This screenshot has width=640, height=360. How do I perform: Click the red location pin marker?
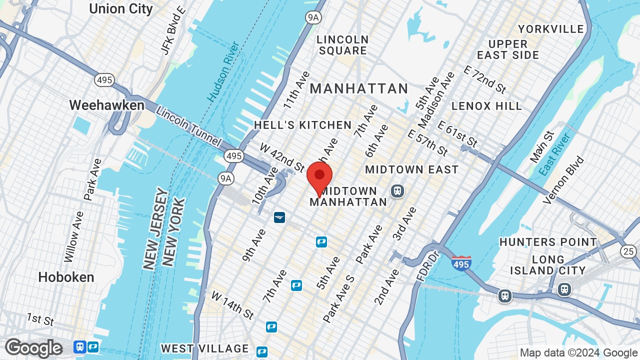click(319, 178)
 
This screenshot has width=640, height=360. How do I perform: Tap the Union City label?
click(120, 8)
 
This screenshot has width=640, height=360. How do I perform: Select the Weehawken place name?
click(106, 105)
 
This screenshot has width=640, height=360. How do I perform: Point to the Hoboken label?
click(66, 277)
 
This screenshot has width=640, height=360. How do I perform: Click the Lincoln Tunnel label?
click(188, 126)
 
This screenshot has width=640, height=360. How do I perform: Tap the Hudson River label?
click(224, 71)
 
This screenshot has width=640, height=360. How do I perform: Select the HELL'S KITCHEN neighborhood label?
click(303, 125)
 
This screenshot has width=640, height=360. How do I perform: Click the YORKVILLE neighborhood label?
click(551, 29)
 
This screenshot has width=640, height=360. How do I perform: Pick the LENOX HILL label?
click(486, 106)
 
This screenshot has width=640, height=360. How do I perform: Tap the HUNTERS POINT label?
click(548, 242)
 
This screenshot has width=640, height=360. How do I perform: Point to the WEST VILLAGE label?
click(205, 348)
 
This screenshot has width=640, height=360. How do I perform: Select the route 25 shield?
click(628, 251)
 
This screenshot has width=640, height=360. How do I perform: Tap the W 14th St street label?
click(232, 305)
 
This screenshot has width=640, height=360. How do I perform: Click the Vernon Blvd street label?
click(563, 180)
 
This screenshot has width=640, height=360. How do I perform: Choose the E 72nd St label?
click(484, 79)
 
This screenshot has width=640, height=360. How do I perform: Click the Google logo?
click(33, 348)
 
